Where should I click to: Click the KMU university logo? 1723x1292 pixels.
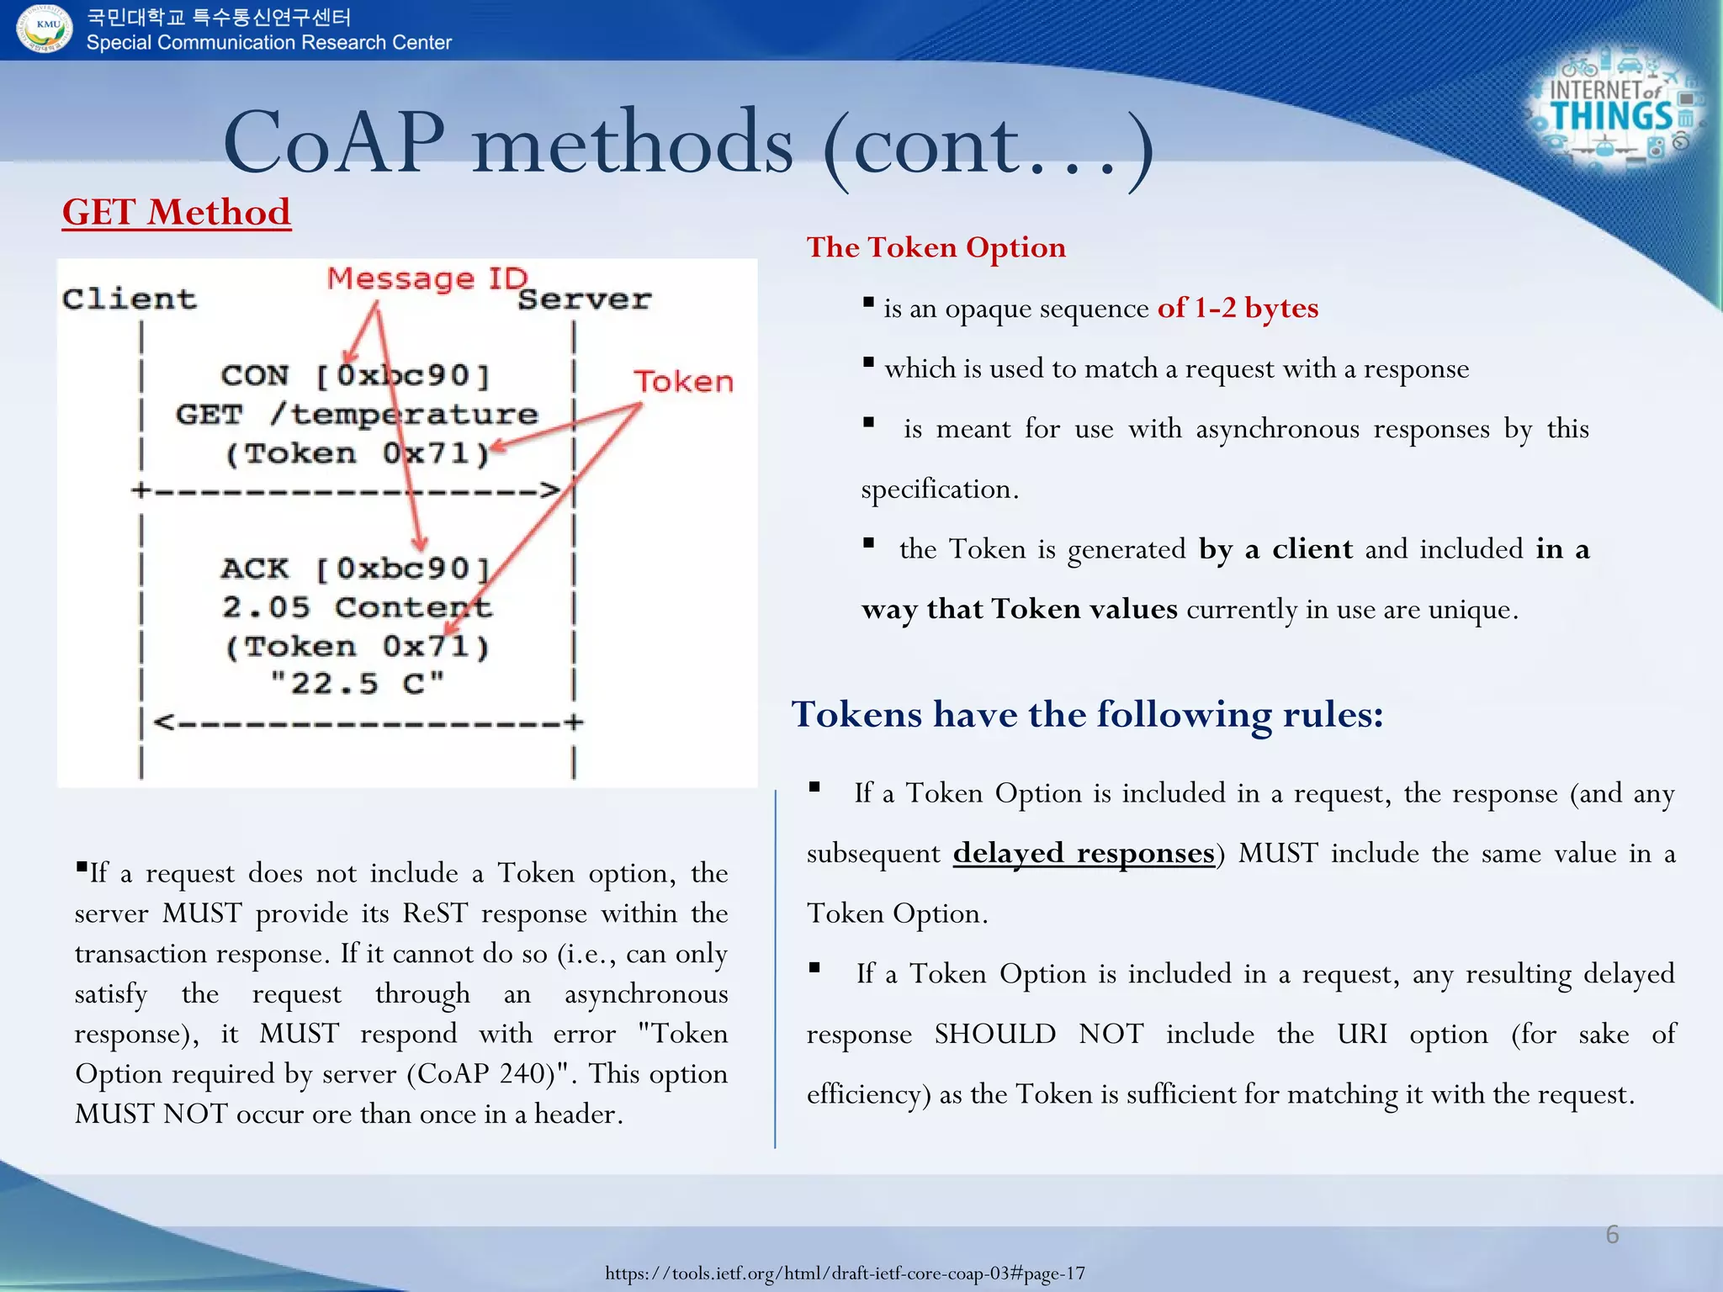coord(44,28)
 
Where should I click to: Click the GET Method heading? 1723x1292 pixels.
coord(177,212)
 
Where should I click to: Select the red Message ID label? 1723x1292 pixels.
coord(427,278)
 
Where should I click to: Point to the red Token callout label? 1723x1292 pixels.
coord(683,382)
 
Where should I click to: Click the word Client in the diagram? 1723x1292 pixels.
coord(129,299)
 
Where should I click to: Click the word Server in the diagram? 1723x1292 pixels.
coord(585,299)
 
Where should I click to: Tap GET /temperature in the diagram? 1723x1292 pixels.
coord(357,415)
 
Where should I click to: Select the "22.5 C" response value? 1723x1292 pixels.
coord(357,683)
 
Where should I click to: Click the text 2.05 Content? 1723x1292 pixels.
coord(357,607)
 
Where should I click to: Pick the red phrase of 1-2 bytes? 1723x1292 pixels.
coord(1238,308)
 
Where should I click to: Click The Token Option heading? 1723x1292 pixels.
coord(936,247)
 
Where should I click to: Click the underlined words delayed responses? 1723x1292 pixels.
coord(1084,853)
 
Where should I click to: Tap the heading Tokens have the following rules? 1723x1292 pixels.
coord(1087,714)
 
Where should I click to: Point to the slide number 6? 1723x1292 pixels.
coord(1612,1234)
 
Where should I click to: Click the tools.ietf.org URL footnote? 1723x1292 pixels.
coord(845,1273)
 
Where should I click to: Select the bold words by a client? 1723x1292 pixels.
coord(1275,549)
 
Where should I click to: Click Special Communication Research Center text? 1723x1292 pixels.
coord(269,43)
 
